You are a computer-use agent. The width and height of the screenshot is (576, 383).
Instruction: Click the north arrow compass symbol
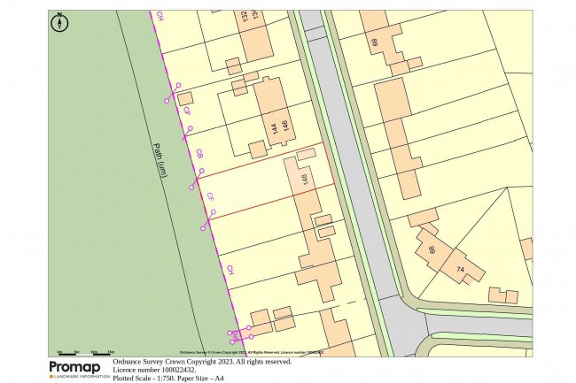60,23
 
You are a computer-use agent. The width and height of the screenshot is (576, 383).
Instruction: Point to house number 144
271,132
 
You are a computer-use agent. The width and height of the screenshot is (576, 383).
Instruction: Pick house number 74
460,268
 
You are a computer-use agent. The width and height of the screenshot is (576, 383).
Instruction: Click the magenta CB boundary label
200,153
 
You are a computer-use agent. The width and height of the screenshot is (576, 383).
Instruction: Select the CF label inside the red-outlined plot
211,196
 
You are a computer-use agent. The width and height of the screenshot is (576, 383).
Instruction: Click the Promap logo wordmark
78,366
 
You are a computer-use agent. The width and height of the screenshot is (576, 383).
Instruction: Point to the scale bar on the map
89,352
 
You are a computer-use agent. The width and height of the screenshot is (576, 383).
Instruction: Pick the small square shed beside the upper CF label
184,99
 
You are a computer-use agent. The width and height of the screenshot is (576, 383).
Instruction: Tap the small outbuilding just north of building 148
306,155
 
